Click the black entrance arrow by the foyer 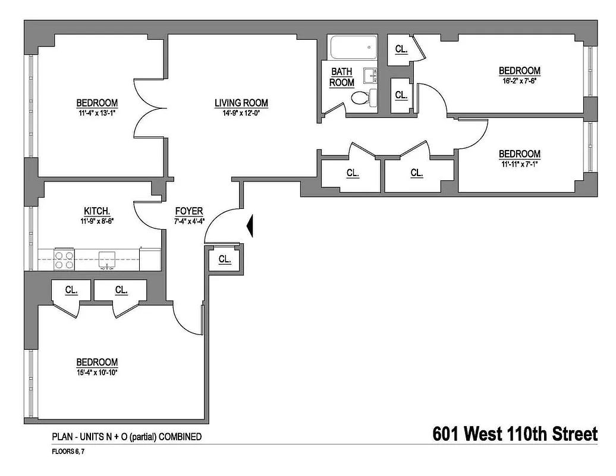(x=251, y=226)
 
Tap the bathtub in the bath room (x=353, y=48)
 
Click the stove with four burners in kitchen (x=64, y=259)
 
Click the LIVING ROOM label (x=241, y=103)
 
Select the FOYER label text (x=189, y=211)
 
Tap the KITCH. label (x=96, y=211)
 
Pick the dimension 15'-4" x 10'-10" (x=96, y=372)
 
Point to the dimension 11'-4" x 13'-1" (x=96, y=112)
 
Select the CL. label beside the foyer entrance (x=225, y=259)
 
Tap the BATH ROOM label (x=342, y=77)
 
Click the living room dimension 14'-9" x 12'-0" (x=241, y=113)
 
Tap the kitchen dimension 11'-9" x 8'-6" (x=96, y=221)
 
